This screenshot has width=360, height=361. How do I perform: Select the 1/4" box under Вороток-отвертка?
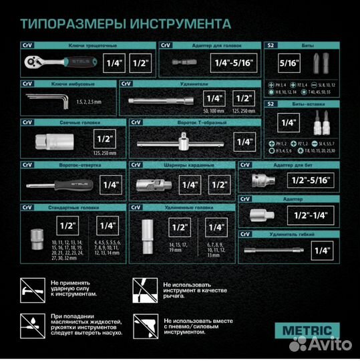[x=111, y=184]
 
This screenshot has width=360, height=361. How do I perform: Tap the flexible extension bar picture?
[x=271, y=251]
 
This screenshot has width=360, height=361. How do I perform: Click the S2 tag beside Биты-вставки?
[x=271, y=104]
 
